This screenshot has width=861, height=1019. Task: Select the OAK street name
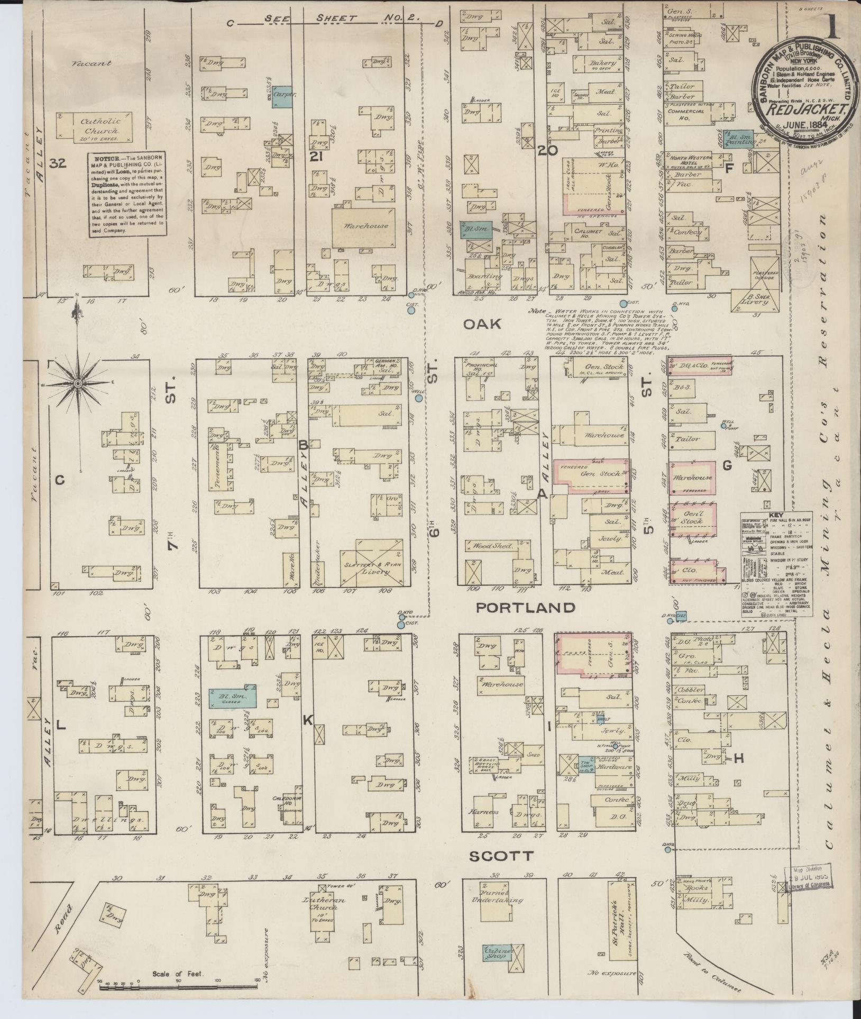click(x=482, y=324)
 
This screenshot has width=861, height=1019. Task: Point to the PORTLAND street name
click(x=525, y=608)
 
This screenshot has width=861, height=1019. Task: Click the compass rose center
click(x=78, y=382)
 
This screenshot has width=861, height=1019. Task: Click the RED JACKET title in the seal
click(x=809, y=111)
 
